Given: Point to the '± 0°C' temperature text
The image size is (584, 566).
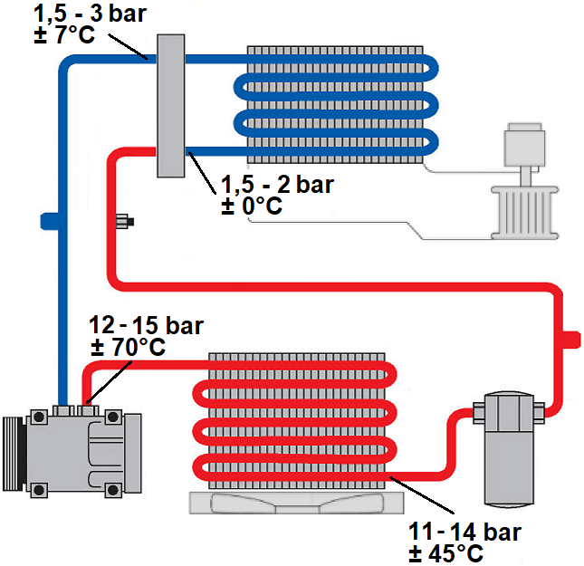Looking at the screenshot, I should point(252,207).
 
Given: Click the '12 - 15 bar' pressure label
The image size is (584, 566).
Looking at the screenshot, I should point(147,325).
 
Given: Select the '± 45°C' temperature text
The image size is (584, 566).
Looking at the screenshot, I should point(445,552).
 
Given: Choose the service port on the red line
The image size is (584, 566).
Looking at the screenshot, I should point(570,338).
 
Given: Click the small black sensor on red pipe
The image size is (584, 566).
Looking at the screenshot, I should point(124,220).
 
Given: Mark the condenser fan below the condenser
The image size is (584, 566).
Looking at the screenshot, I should point(291,503).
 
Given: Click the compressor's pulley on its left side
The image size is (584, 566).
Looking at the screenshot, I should point(13,452).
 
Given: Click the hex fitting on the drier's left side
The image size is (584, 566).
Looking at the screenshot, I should point(475,414).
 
